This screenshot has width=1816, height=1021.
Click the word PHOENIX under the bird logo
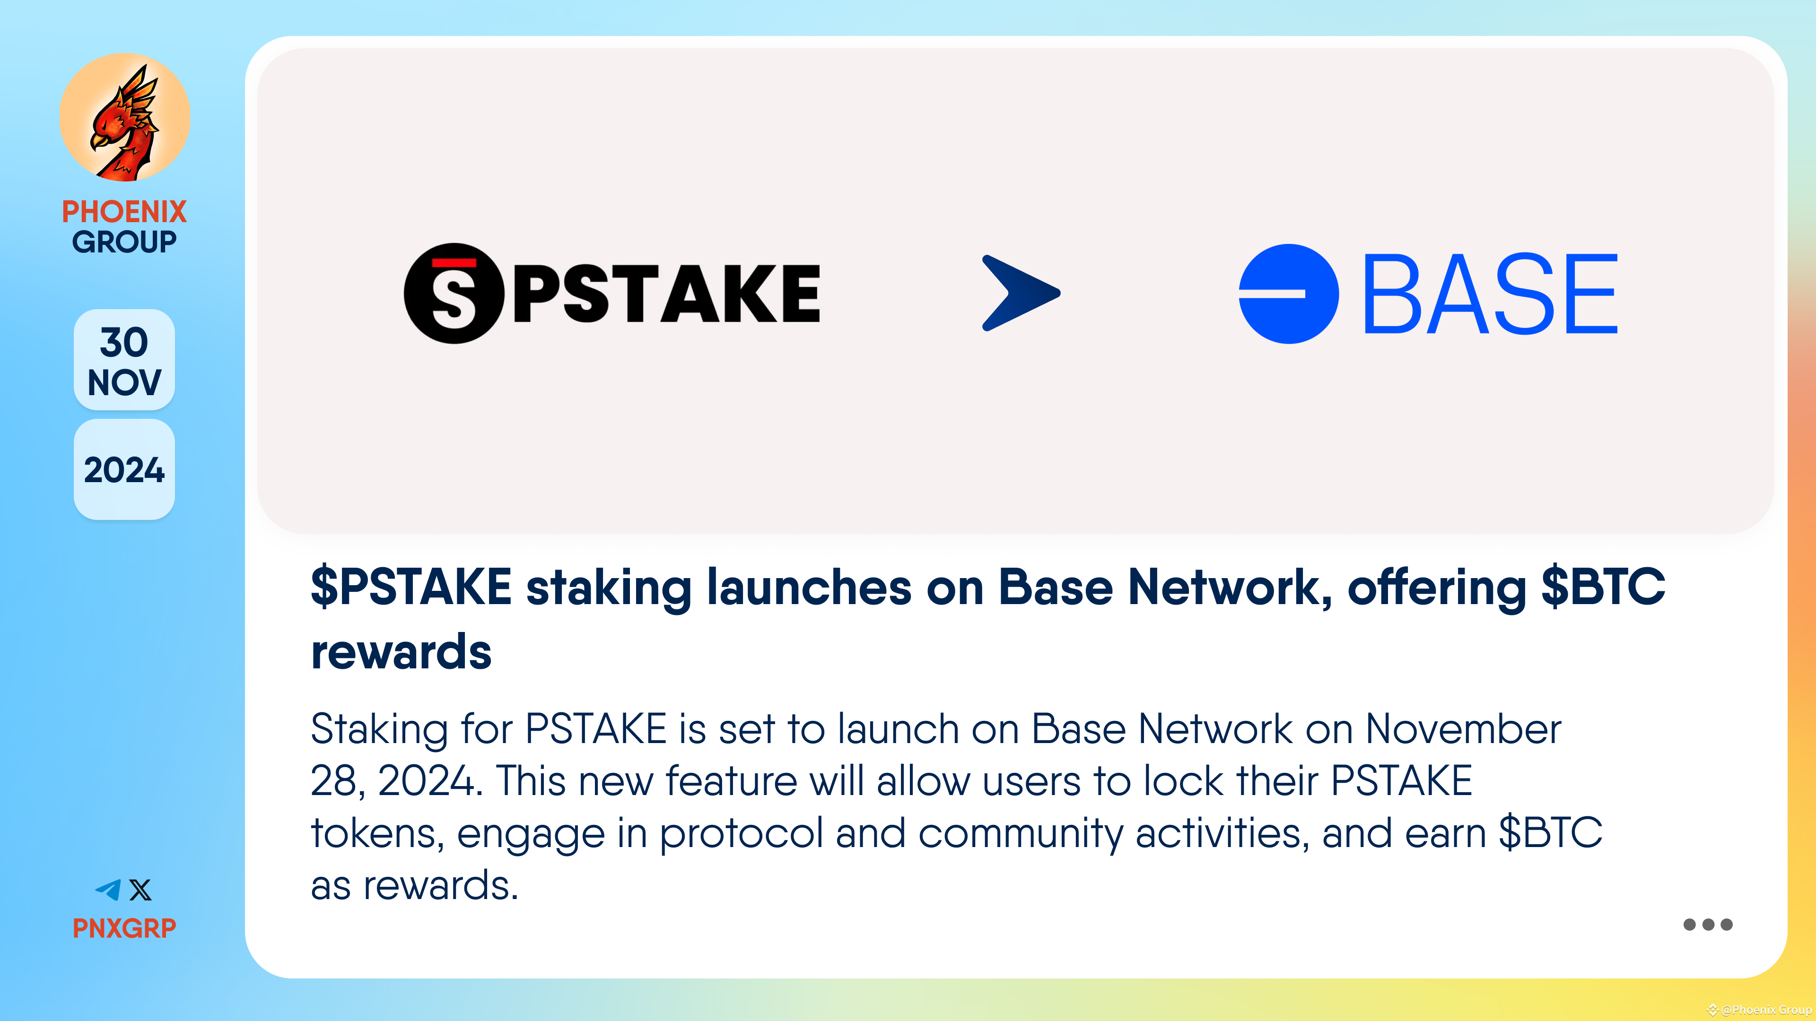click(x=124, y=211)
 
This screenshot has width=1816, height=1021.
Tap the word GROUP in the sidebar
click(x=124, y=242)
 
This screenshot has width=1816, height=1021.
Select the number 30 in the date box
click(x=124, y=342)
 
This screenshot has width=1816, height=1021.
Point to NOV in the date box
click(x=124, y=382)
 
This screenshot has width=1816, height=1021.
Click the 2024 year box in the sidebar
click(x=124, y=470)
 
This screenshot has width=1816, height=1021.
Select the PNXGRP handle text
click(x=124, y=928)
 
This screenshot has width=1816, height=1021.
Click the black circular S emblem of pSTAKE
click(x=454, y=293)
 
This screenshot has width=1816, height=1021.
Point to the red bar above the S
click(x=454, y=263)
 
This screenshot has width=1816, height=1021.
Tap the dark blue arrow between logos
click(x=1020, y=293)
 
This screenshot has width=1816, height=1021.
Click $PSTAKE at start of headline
click(x=411, y=587)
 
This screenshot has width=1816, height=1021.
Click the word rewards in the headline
click(x=401, y=652)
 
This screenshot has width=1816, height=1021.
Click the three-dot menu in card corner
click(x=1707, y=925)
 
